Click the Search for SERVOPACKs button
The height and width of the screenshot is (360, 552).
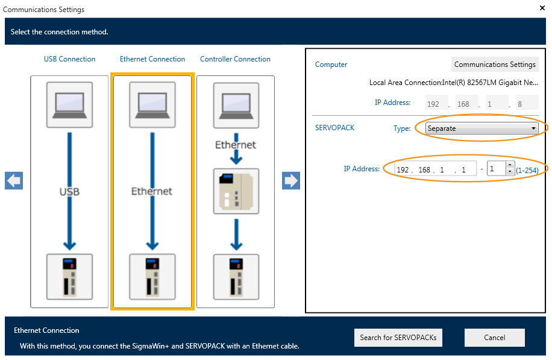[398, 338]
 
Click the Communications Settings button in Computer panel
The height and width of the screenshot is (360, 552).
[495, 65]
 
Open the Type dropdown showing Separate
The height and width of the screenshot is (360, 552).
[481, 128]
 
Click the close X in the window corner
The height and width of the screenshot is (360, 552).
[541, 8]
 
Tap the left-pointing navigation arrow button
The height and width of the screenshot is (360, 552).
[14, 181]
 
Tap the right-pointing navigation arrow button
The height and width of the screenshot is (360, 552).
[291, 181]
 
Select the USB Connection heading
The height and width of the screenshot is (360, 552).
[69, 59]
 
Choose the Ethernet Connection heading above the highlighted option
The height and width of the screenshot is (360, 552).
[152, 59]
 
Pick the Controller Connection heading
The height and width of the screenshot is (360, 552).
[235, 59]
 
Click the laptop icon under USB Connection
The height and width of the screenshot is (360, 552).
[69, 104]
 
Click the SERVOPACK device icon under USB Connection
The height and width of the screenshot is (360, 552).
[69, 276]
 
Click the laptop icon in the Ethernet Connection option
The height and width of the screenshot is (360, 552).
[152, 104]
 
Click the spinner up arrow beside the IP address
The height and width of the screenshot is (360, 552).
[510, 165]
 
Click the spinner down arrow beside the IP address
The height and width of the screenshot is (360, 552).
[510, 172]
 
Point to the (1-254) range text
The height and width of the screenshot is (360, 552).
[527, 170]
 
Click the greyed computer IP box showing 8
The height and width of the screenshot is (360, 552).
[527, 103]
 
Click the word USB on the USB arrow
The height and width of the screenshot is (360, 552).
[69, 192]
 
